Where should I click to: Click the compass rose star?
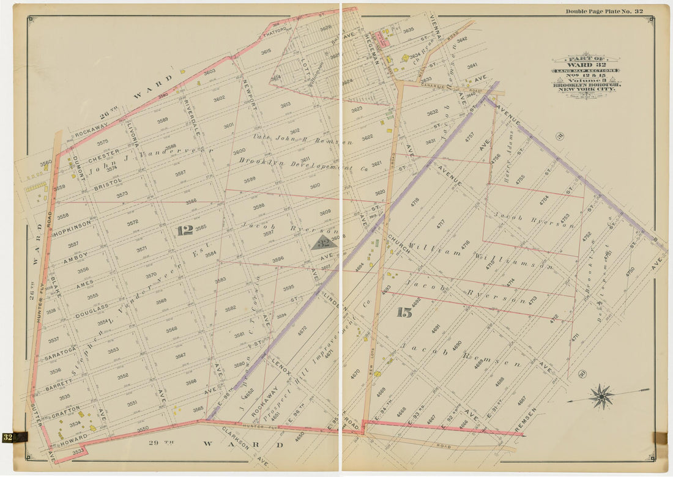603,396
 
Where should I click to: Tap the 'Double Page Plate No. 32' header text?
604,11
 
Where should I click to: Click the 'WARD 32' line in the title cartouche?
586,64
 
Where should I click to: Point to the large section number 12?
185,230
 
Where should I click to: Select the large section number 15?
404,312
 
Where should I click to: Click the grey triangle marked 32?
324,243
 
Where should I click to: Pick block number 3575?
102,142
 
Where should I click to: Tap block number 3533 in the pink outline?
78,451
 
